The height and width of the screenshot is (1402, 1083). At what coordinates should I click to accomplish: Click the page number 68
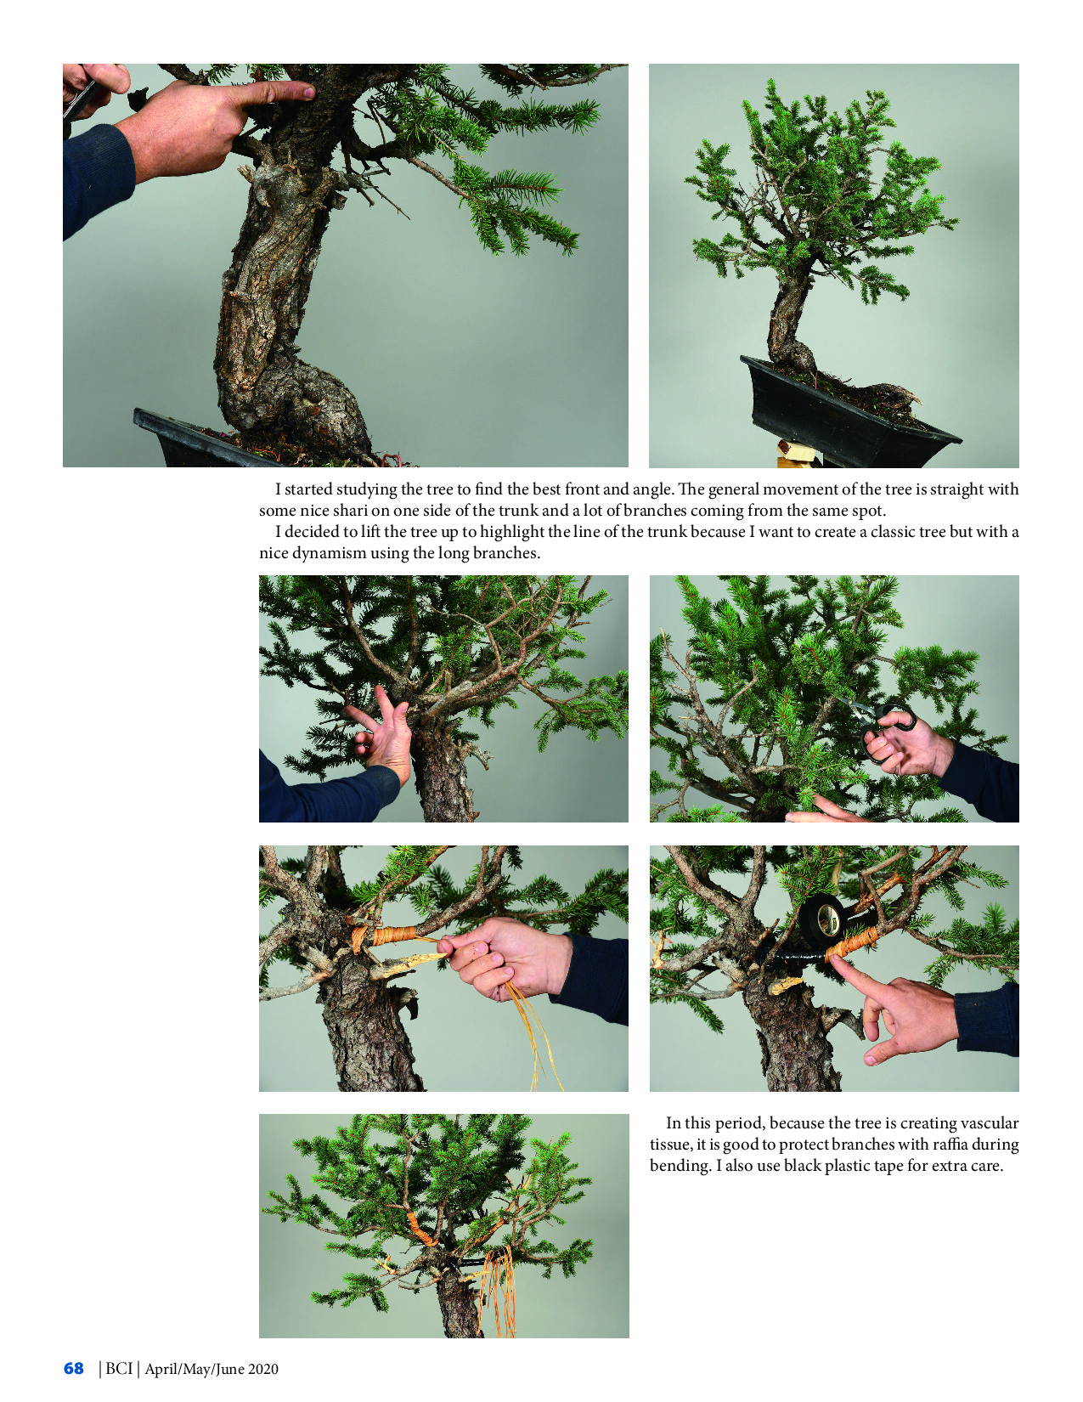tap(74, 1368)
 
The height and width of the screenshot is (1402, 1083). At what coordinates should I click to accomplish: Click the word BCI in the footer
tap(119, 1368)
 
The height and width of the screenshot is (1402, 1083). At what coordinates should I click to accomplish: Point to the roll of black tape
tap(822, 919)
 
